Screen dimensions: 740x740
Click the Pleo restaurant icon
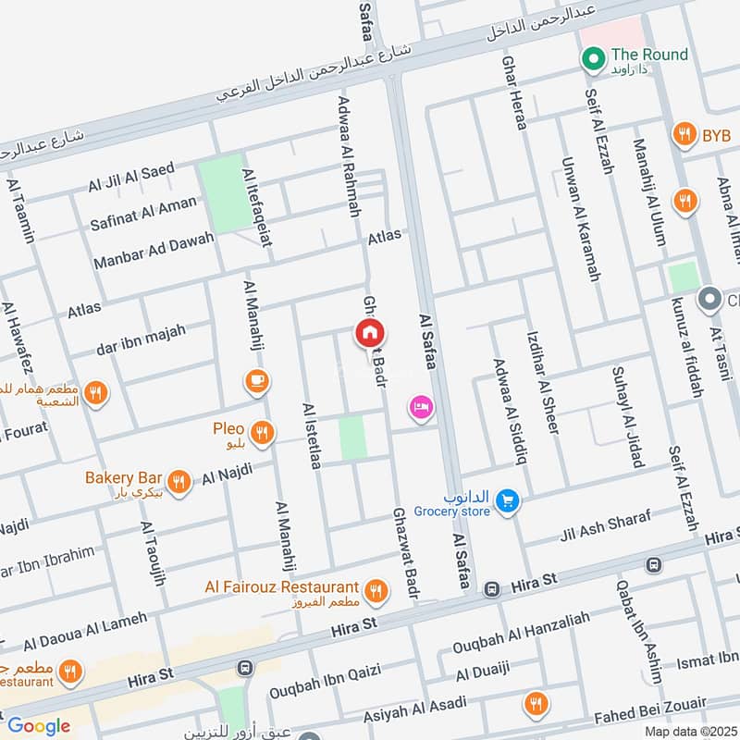coord(264,432)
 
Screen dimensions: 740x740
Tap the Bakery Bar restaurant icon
coord(179,480)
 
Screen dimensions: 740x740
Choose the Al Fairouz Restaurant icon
coord(376,590)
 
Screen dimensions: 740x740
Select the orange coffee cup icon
coord(256,379)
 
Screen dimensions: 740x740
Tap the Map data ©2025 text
coord(689,732)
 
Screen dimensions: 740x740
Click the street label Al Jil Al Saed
coord(131,178)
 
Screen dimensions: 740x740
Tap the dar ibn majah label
coord(141,340)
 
